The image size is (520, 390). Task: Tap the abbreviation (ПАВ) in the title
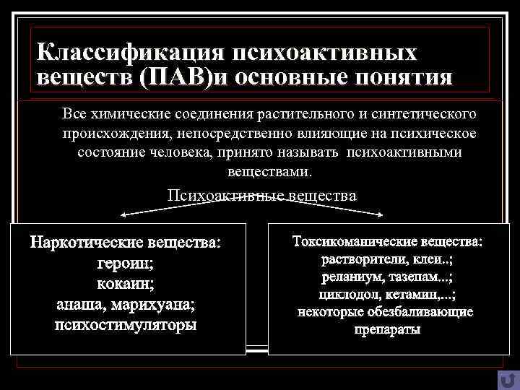click(176, 77)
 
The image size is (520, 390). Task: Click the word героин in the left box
click(126, 264)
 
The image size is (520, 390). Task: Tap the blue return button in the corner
click(507, 378)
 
